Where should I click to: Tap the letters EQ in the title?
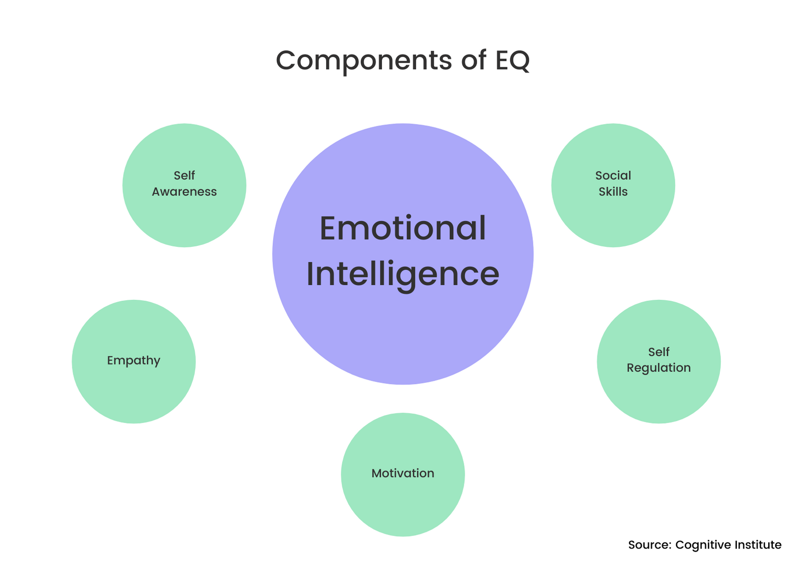click(512, 60)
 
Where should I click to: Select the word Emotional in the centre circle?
click(402, 228)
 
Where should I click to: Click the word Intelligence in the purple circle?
click(402, 274)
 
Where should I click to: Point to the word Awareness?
click(184, 192)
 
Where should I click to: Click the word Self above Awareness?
click(184, 176)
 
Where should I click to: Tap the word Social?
click(613, 176)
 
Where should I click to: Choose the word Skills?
click(613, 192)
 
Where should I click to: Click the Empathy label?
click(133, 360)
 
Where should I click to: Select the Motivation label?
click(402, 473)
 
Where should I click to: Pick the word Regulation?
click(658, 368)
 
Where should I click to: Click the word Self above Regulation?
click(658, 352)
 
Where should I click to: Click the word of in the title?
click(473, 60)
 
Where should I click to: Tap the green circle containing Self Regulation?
click(658, 397)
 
